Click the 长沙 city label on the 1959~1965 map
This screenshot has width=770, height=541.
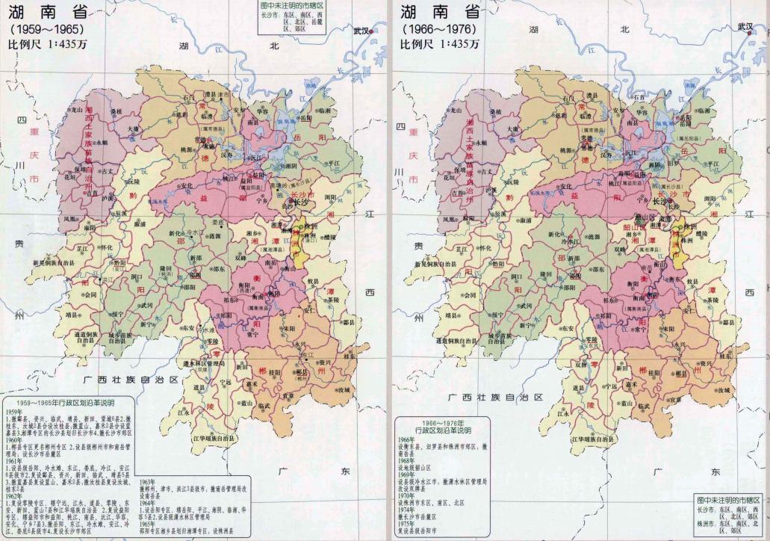point(302,201)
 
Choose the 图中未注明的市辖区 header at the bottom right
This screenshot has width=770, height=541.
point(727,498)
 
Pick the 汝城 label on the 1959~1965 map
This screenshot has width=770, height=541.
point(344,390)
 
